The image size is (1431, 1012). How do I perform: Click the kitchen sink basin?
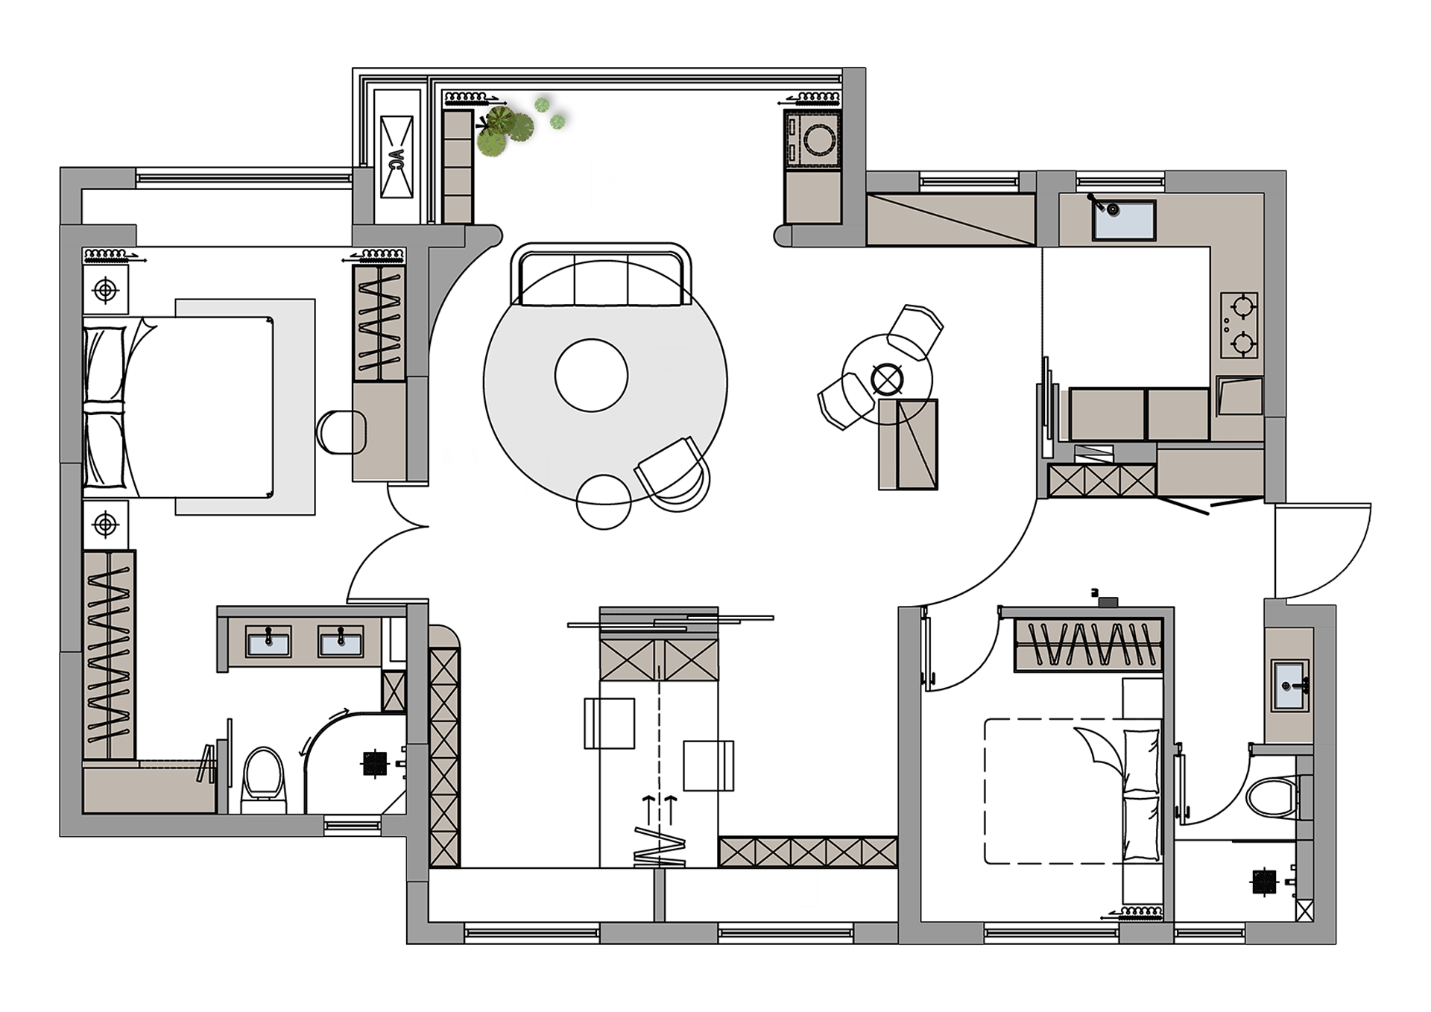[1124, 220]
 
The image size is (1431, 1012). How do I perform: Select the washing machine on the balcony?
[812, 139]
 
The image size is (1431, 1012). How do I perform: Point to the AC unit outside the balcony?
[397, 156]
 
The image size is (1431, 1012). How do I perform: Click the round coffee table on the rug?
[591, 375]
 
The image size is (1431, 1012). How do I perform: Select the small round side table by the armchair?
[604, 502]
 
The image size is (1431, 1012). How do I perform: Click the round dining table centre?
[887, 379]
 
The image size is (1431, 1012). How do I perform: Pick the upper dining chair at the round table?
[914, 331]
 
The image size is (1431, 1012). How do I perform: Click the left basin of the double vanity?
[268, 642]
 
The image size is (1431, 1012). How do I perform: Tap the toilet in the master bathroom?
[264, 779]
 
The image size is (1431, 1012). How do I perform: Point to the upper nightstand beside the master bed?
[105, 290]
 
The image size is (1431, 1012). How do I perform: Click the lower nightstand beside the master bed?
[105, 525]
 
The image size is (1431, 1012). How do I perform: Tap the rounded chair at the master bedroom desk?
[341, 431]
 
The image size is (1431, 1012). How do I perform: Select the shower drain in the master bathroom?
[375, 763]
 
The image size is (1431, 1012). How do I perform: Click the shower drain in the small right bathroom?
[1265, 882]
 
